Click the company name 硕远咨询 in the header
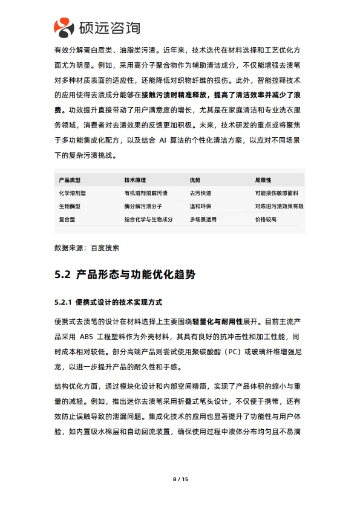(x=110, y=27)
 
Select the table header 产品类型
(x=70, y=180)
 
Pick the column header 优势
(x=195, y=180)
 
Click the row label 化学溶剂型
(x=73, y=193)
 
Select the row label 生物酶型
(x=70, y=206)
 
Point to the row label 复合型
(x=67, y=219)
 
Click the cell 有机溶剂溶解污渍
(x=146, y=193)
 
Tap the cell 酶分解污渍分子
(x=143, y=206)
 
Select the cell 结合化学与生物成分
(x=148, y=219)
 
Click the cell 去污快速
(x=200, y=193)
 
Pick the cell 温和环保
(x=200, y=206)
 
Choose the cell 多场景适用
(x=203, y=219)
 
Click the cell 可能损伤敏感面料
(x=277, y=193)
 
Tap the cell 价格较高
(x=266, y=219)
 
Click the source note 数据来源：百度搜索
(x=87, y=248)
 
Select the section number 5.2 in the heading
(x=63, y=275)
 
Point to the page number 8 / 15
(x=180, y=479)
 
